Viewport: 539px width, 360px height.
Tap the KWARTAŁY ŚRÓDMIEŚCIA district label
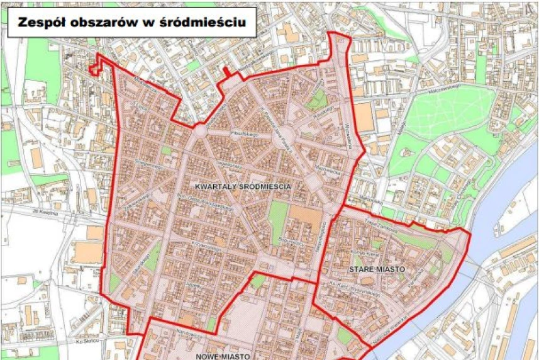coord(242,187)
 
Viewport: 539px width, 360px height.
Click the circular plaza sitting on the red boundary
coord(200,130)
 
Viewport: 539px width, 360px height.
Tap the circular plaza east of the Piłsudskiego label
coord(281,139)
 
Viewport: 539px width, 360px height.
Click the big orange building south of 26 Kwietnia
coord(86,252)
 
